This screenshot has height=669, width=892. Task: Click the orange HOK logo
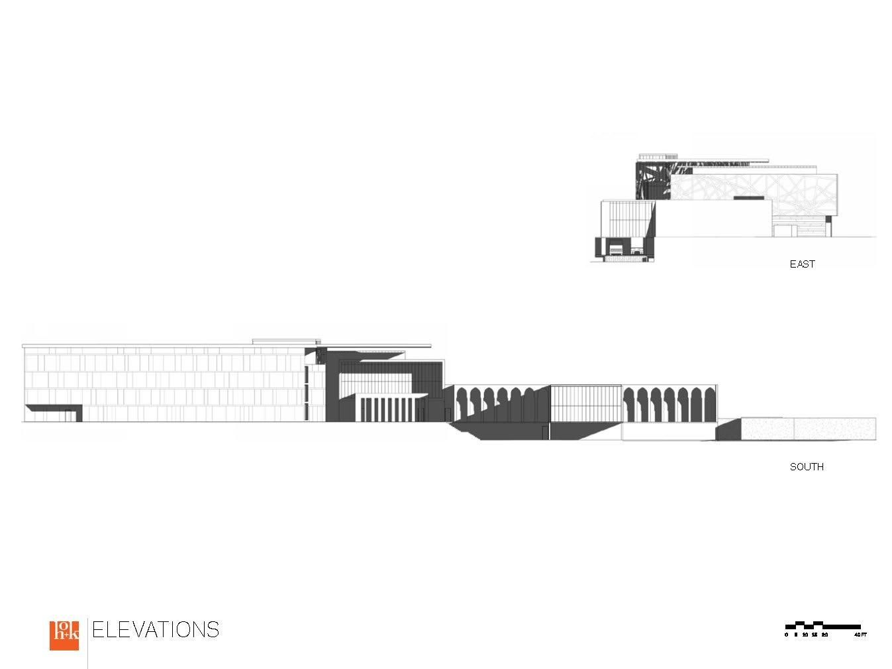click(64, 635)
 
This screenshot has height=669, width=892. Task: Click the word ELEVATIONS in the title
click(156, 629)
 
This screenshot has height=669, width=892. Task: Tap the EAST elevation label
click(802, 264)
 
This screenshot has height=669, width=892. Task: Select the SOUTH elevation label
click(807, 467)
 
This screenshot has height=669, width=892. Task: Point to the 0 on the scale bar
click(787, 635)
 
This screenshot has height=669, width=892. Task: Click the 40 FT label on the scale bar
click(860, 635)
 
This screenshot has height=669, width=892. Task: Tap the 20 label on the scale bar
click(824, 635)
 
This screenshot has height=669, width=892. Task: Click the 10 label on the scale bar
click(805, 635)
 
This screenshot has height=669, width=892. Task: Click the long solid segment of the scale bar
click(842, 626)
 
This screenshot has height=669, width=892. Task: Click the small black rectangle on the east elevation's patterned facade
click(746, 197)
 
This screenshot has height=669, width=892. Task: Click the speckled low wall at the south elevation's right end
click(808, 429)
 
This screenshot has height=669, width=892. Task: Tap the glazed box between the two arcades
click(586, 403)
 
